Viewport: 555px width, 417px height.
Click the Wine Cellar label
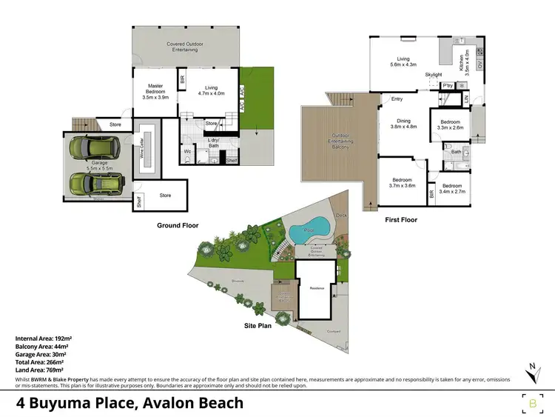coord(141,153)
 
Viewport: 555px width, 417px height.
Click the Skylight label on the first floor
coord(434,76)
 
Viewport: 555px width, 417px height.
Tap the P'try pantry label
coord(447,87)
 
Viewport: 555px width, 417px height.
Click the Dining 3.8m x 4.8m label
coord(404,124)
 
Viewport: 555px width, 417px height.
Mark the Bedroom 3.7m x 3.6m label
coord(404,182)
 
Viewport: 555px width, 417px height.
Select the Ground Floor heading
coord(178,225)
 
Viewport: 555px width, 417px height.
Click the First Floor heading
coord(401,219)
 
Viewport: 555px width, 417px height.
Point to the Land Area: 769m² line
coord(39,369)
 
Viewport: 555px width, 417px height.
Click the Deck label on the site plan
coord(341,216)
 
